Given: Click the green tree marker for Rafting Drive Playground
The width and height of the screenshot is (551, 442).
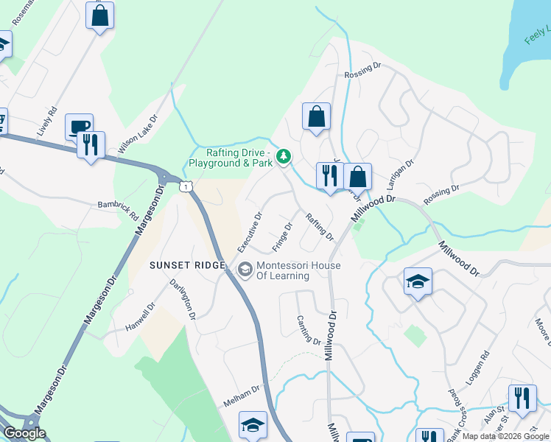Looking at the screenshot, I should tap(284, 156).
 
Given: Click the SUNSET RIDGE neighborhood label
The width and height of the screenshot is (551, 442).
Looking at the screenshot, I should tap(186, 265).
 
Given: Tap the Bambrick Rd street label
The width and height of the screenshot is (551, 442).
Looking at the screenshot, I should tap(118, 211).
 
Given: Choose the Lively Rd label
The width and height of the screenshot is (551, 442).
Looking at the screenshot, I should tap(46, 122).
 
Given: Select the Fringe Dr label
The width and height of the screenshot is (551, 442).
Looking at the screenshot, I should tap(283, 236).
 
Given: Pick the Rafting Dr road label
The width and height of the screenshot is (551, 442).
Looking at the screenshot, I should tap(320, 227).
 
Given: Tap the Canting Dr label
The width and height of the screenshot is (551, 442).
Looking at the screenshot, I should tap(309, 331).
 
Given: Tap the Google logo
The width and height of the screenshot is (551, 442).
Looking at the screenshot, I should tap(24, 433).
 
